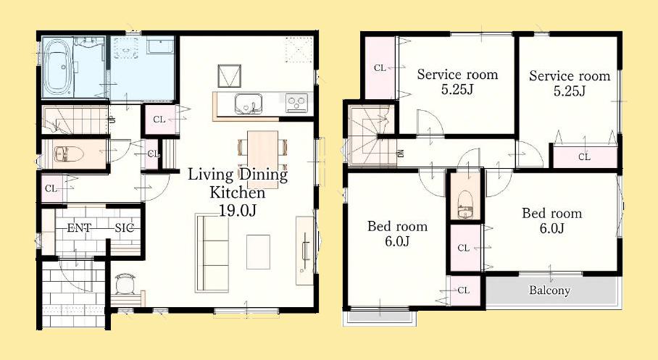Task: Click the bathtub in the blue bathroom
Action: point(58,67)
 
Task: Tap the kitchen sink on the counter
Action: point(248,103)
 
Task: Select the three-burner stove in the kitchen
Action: point(296,103)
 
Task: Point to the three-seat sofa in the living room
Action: point(212,252)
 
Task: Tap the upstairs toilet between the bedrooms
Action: point(465,204)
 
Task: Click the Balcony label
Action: point(549,290)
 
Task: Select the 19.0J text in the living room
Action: point(237,210)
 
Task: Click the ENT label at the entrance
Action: point(79,228)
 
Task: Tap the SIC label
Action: point(125,228)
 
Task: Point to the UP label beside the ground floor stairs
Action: point(112,120)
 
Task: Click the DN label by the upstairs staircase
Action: point(400,154)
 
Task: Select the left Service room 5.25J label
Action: point(457,82)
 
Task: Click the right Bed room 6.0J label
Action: point(551,220)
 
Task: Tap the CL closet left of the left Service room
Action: point(380,68)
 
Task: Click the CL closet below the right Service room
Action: point(584,157)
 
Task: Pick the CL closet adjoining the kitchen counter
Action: point(159,120)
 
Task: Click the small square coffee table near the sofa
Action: point(258,252)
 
